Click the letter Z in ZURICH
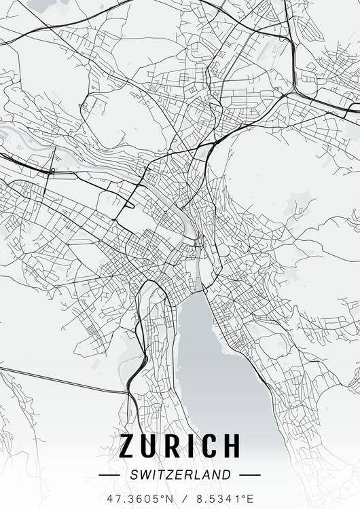tap(128, 446)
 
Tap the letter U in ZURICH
tap(151, 446)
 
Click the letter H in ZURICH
tap(232, 446)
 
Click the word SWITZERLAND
tap(180, 475)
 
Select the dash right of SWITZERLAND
tap(250, 475)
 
